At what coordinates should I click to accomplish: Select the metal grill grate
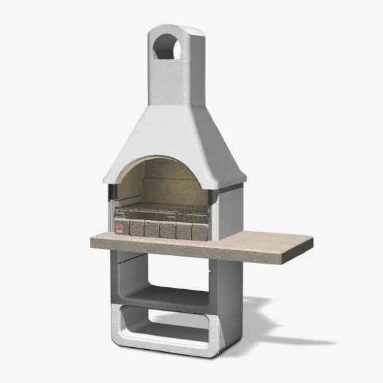[x=163, y=212]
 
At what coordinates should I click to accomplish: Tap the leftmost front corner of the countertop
[x=92, y=242]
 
